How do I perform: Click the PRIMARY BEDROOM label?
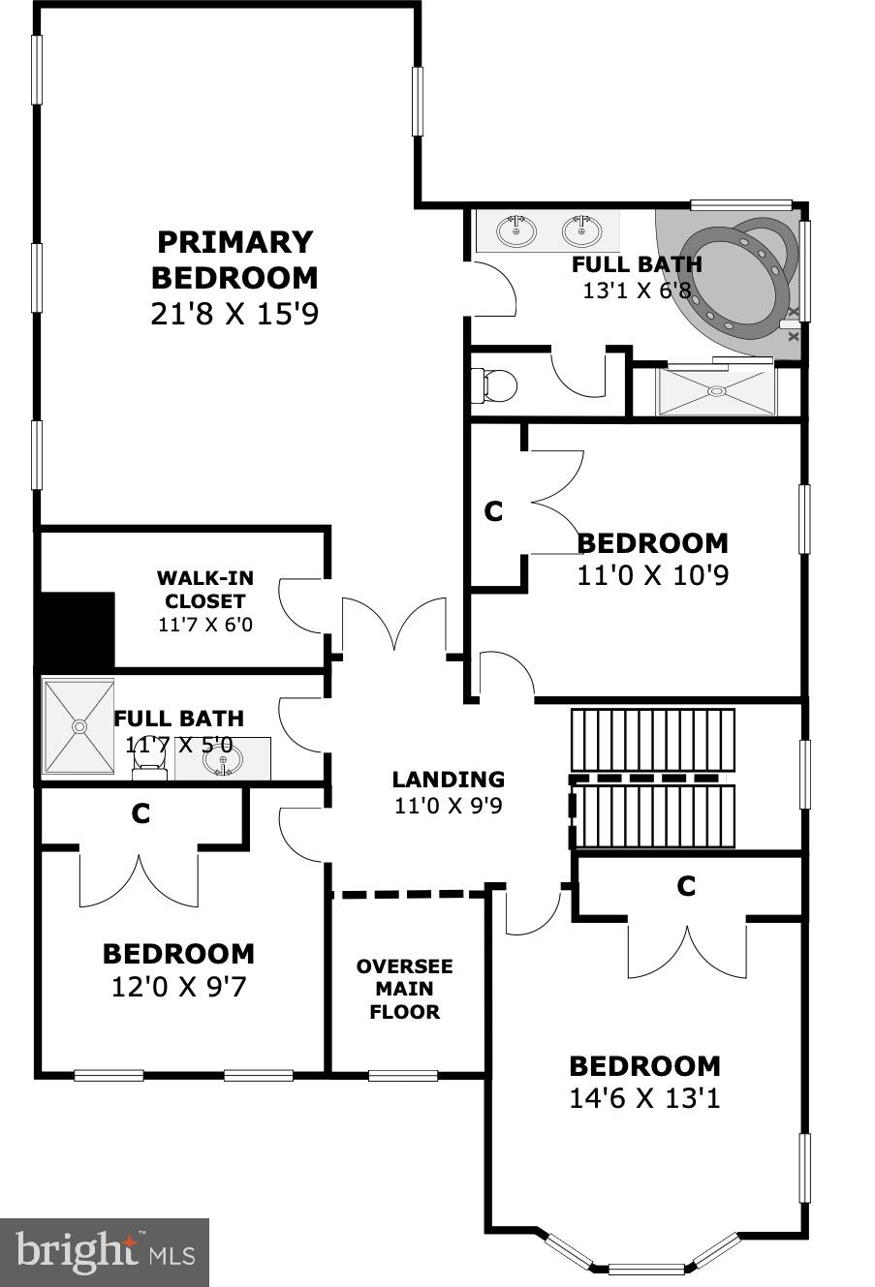(234, 260)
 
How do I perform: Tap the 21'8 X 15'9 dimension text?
(234, 314)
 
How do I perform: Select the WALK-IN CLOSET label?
(204, 590)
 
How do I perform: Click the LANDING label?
(448, 780)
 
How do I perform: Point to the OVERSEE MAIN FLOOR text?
(404, 989)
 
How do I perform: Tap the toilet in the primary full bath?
(495, 386)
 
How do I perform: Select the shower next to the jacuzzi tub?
(716, 390)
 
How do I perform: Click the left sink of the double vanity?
(516, 230)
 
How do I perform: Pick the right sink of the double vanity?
(581, 230)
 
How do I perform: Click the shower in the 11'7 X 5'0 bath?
(78, 726)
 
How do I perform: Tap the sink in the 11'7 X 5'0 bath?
(223, 761)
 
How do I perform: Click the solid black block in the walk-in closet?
(76, 629)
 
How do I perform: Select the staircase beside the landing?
(652, 779)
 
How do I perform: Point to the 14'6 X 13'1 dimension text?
(644, 1099)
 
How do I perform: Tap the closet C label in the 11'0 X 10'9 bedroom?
(493, 511)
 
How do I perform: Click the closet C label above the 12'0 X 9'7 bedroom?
(141, 814)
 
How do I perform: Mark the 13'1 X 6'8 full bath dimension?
(637, 290)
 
